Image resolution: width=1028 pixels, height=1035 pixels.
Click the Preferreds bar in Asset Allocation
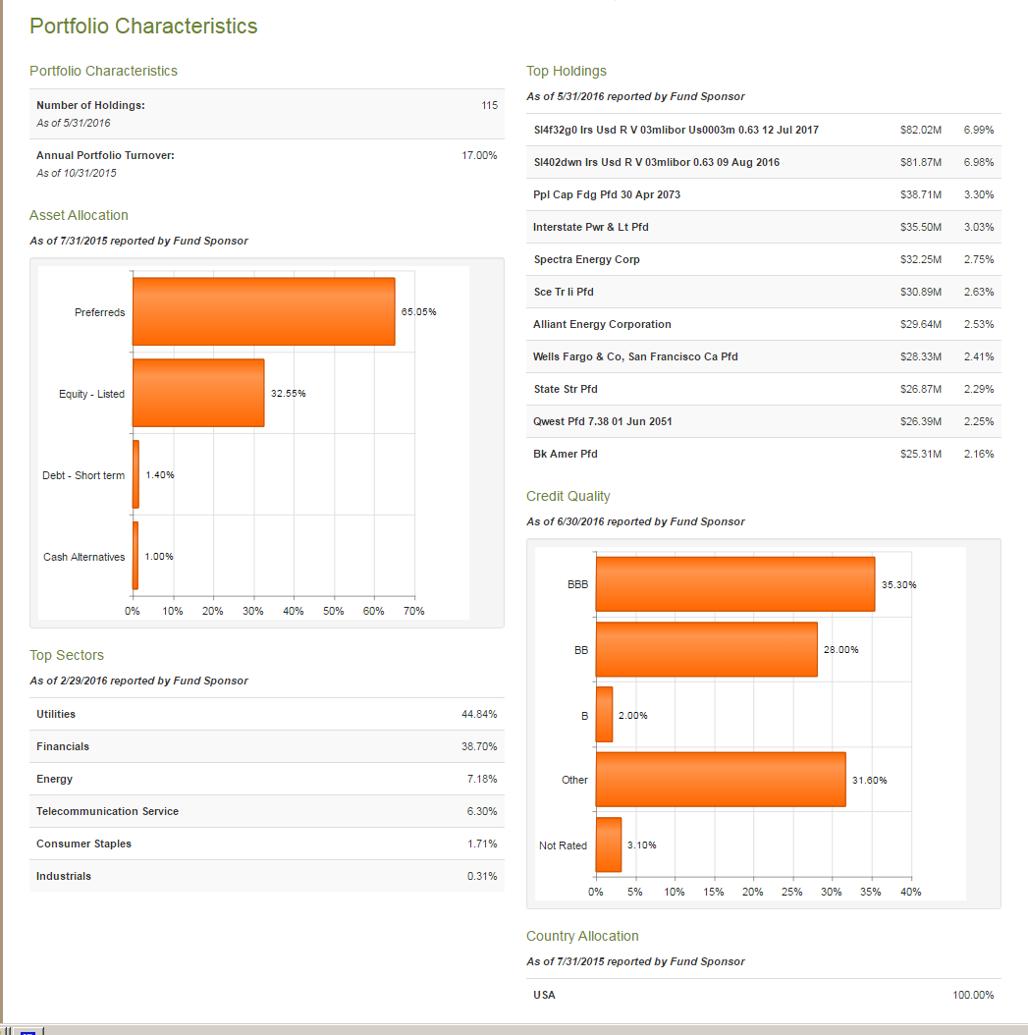263,311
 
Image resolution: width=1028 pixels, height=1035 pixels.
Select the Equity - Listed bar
198,393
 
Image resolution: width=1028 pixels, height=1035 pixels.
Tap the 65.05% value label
419,311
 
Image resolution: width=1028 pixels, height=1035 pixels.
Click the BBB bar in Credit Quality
734,584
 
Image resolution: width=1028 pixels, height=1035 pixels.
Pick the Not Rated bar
609,844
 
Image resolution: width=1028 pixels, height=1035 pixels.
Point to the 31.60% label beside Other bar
869,780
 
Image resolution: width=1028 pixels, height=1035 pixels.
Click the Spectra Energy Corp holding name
586,259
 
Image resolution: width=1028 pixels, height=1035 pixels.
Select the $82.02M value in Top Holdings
920,130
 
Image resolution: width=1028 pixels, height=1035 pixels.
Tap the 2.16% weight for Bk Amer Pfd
978,454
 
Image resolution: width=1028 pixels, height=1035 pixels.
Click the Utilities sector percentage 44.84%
479,714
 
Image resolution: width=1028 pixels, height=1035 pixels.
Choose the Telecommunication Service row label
107,811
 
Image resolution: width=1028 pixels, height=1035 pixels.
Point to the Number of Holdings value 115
489,105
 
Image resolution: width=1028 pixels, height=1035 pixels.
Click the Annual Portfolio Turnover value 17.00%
479,155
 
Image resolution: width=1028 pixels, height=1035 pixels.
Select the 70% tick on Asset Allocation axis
413,611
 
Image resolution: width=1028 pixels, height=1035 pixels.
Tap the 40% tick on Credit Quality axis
910,892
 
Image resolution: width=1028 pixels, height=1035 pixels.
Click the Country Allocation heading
582,936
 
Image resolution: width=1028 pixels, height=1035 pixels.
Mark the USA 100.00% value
972,995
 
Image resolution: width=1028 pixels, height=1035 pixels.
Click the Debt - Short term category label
83,475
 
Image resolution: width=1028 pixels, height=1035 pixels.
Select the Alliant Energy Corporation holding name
602,324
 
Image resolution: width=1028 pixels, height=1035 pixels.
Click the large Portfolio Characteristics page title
143,27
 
